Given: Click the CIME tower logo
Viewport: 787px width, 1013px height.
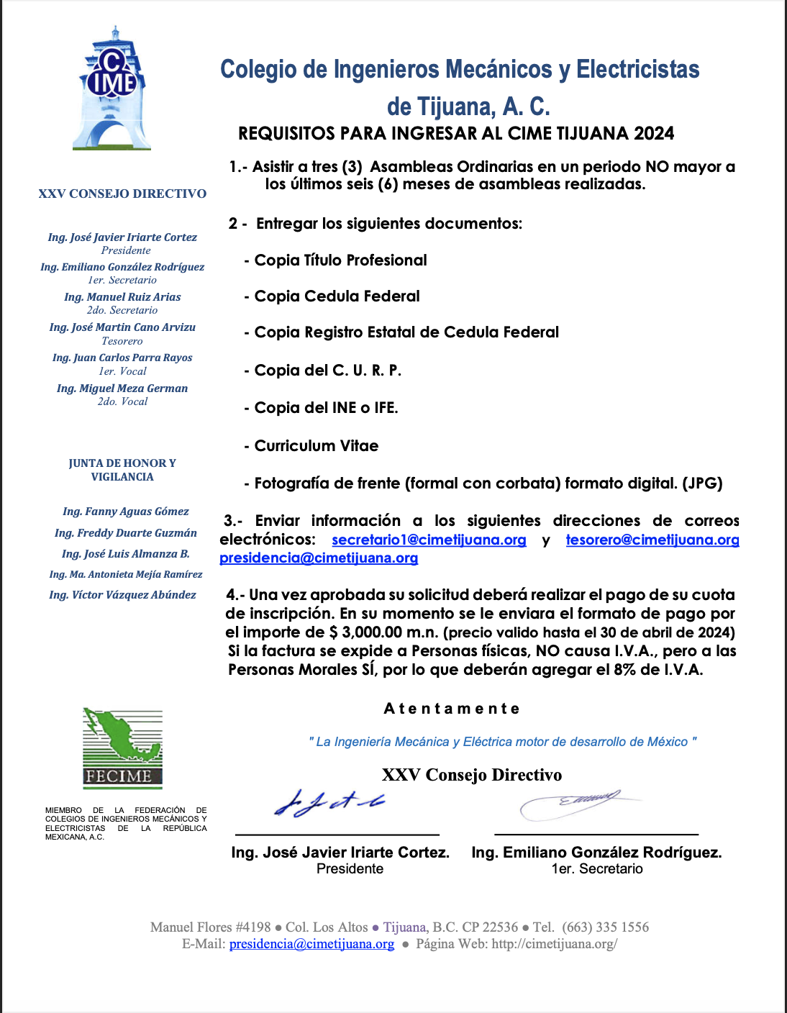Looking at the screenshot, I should (x=112, y=89).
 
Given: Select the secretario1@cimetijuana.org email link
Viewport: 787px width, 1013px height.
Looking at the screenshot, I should (x=429, y=540).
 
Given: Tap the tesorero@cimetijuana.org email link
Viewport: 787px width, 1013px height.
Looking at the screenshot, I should (x=652, y=540).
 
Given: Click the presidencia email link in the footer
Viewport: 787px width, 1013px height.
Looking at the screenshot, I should (x=311, y=944).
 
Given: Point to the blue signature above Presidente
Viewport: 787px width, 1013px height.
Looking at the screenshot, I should (x=329, y=803).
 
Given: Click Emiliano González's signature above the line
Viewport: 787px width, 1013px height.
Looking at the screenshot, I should (x=576, y=803).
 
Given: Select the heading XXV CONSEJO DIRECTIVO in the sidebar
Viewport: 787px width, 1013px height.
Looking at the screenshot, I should (x=122, y=194).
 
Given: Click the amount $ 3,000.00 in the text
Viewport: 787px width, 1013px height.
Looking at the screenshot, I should (x=365, y=632).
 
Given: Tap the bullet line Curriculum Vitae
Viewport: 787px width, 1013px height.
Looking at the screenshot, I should (x=316, y=446).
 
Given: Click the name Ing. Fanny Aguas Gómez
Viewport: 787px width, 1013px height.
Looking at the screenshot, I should (x=125, y=512).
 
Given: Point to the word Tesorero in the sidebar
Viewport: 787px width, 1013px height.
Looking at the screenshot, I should (x=122, y=341).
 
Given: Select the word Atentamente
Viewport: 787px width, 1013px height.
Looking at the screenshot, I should (x=452, y=709).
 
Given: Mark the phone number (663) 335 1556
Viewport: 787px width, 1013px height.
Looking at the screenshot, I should (x=605, y=927).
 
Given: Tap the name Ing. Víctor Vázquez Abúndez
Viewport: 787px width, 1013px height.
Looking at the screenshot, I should (x=122, y=595).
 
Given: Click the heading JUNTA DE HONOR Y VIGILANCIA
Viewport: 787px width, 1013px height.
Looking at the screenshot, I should (x=122, y=470).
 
